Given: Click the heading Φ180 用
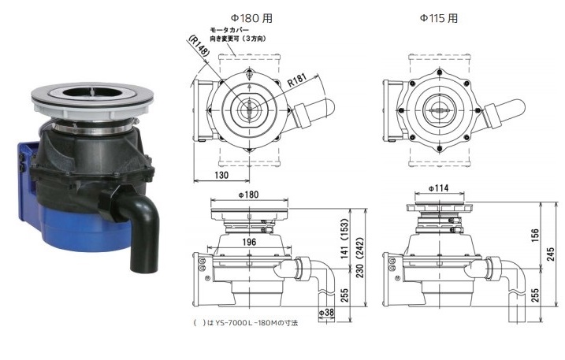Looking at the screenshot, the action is [x=251, y=18].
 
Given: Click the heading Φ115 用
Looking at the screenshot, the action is [x=438, y=18].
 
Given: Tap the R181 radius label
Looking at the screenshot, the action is [x=297, y=80].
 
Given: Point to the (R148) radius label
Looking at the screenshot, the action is [x=199, y=46].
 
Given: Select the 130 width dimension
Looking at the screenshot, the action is [x=221, y=175].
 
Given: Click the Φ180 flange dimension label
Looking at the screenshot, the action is [x=249, y=195].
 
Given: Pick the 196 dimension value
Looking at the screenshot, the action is [x=249, y=242].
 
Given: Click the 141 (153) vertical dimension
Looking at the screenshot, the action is [x=344, y=239].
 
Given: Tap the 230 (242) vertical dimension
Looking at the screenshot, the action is [x=359, y=258].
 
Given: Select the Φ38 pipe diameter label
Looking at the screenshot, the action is [x=326, y=313].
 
